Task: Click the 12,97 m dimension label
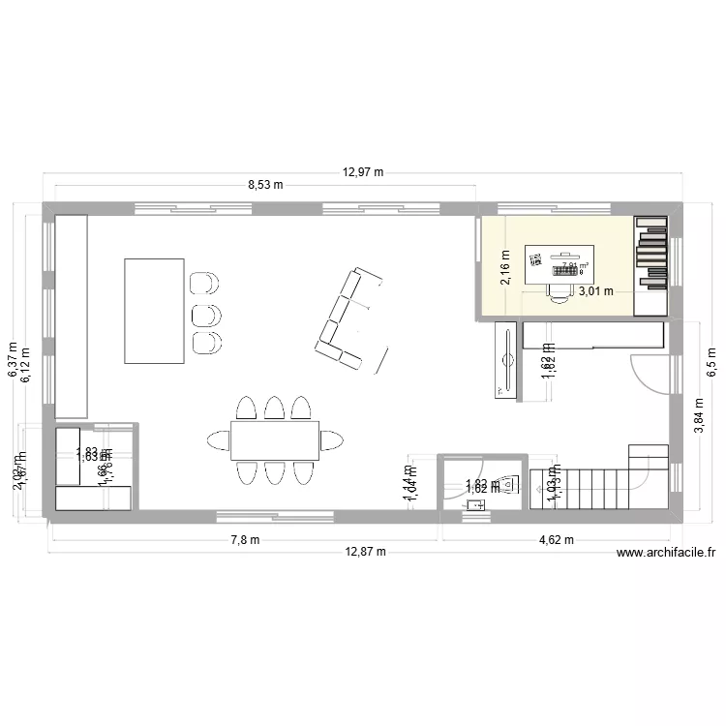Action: [363, 173]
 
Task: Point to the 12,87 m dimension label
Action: [366, 552]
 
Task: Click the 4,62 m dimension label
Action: [556, 540]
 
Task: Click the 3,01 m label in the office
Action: [596, 290]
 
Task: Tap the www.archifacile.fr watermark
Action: [665, 553]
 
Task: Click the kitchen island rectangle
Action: [154, 311]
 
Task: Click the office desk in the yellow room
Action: [560, 266]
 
